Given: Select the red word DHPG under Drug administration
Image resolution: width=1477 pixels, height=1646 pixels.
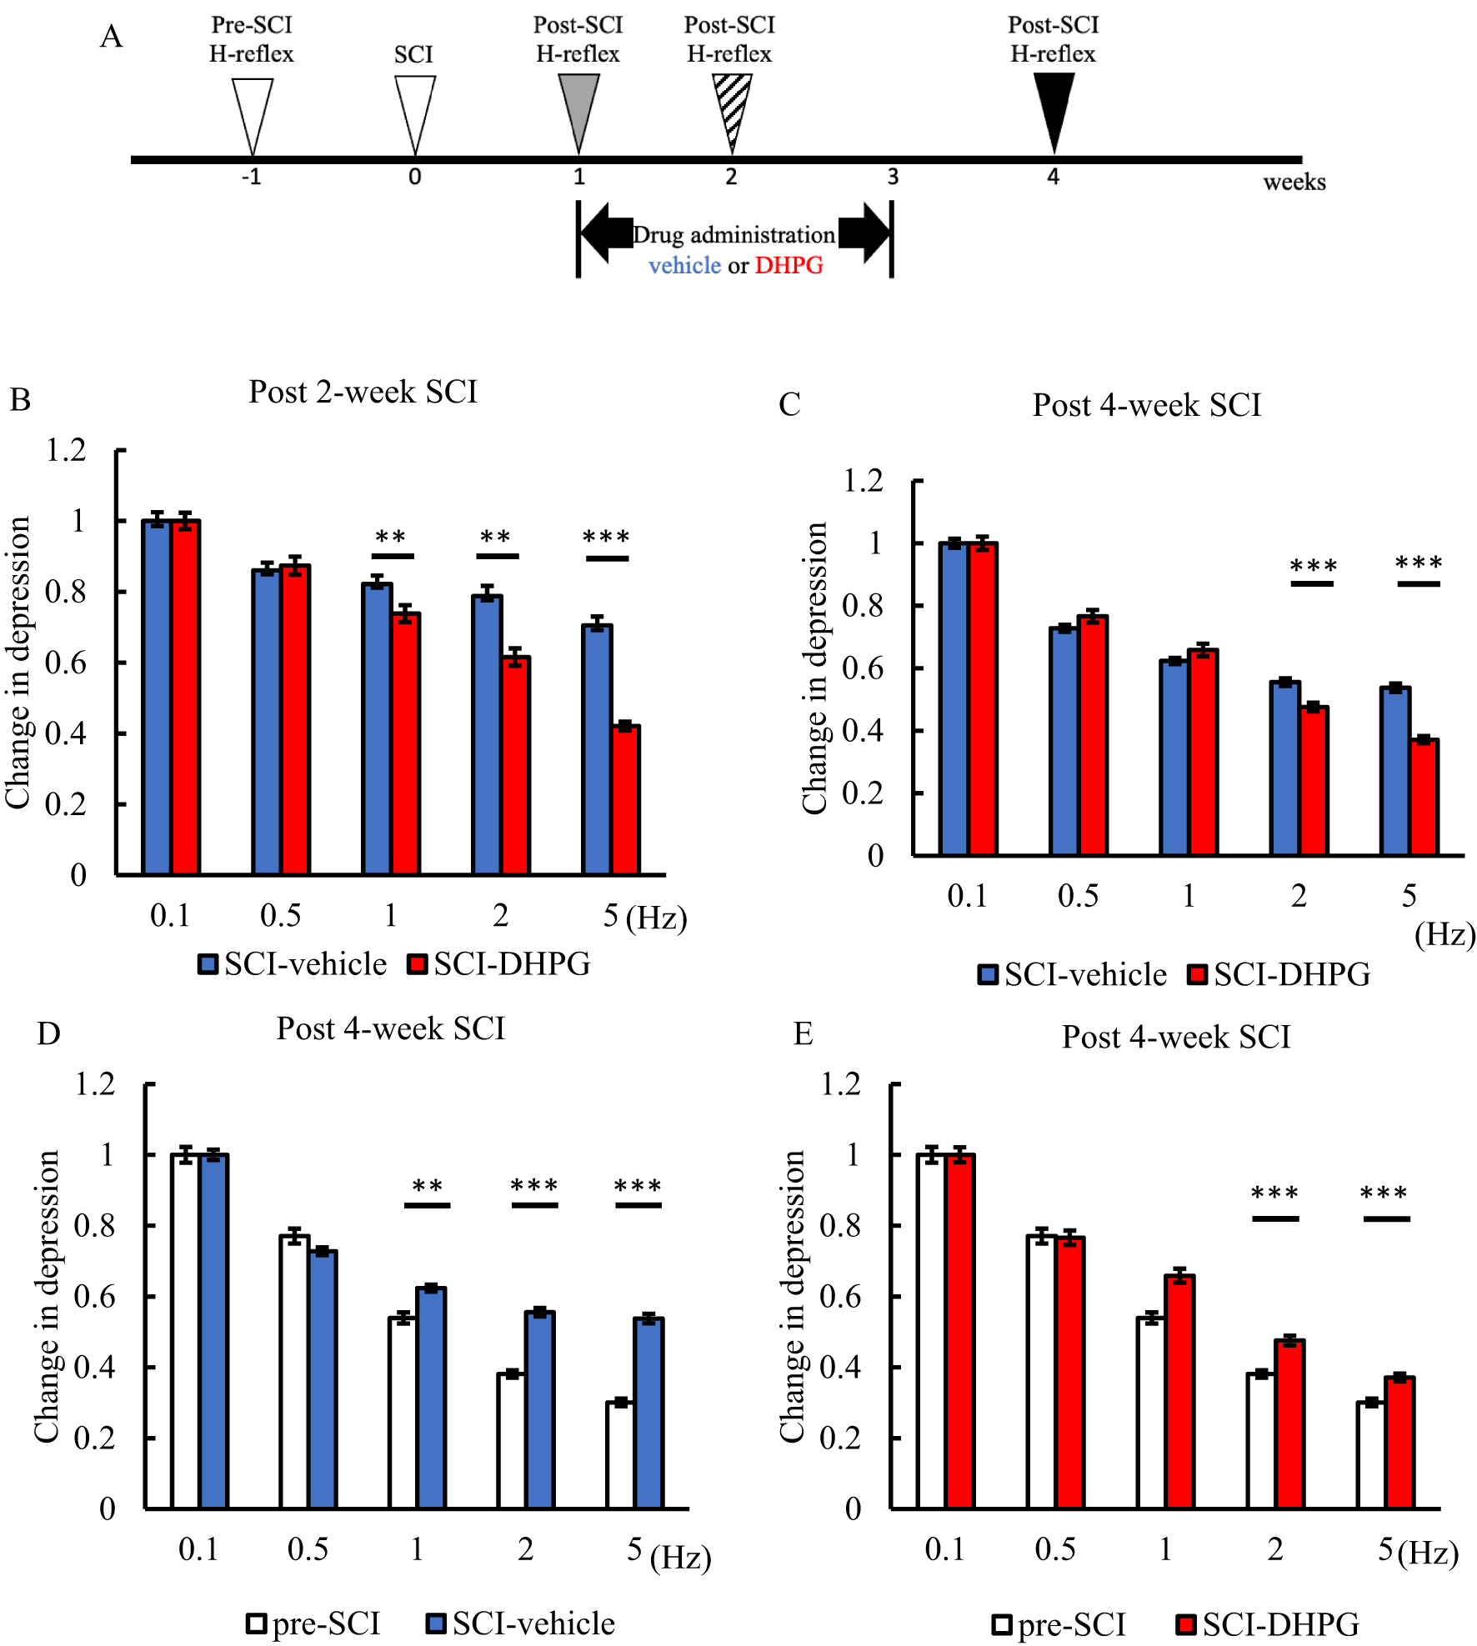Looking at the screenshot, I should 789,265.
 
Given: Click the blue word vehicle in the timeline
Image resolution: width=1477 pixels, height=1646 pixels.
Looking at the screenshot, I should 684,265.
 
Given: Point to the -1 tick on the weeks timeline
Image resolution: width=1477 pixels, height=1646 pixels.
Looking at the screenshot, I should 251,177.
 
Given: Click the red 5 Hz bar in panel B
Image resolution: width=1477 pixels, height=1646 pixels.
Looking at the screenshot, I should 625,800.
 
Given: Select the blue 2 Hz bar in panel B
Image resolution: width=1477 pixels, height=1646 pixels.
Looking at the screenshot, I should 486,733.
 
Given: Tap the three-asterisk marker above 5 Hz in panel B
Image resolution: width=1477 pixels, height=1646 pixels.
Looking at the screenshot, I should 606,538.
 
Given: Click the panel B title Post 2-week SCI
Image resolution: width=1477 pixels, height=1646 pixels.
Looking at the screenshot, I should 363,392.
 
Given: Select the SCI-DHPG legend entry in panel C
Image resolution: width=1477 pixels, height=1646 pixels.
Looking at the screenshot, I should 1279,974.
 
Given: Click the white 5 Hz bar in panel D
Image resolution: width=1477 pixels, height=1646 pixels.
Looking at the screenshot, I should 619,1454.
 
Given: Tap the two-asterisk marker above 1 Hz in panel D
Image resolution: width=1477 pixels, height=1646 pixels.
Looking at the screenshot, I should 427,1187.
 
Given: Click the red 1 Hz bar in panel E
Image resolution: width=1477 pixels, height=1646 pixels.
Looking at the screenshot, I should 1179,1392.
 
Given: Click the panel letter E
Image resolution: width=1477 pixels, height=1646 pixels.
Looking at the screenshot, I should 803,1033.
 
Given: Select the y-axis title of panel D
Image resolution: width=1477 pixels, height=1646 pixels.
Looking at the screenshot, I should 47,1296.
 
